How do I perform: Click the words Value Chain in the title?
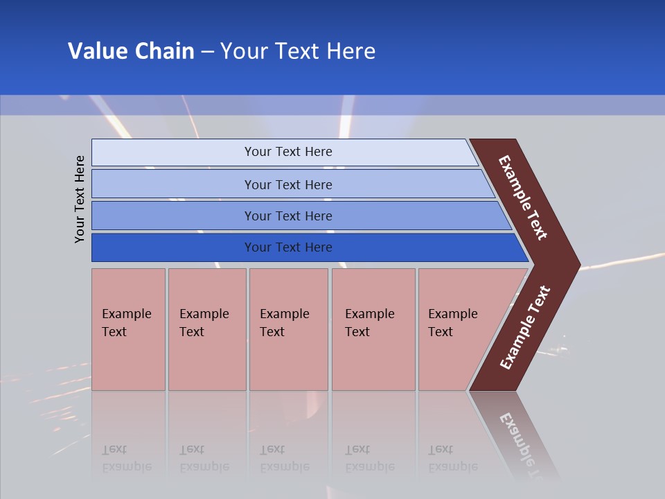point(131,51)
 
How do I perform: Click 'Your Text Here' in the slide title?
point(298,51)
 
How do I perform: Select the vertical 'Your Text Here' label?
point(80,199)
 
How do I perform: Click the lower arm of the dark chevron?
point(525,329)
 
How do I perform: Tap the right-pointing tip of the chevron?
point(571,265)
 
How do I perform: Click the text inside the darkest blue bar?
point(288,247)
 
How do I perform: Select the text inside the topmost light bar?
point(288,152)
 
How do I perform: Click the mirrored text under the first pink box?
point(126,458)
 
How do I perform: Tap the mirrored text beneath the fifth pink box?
point(452,458)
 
